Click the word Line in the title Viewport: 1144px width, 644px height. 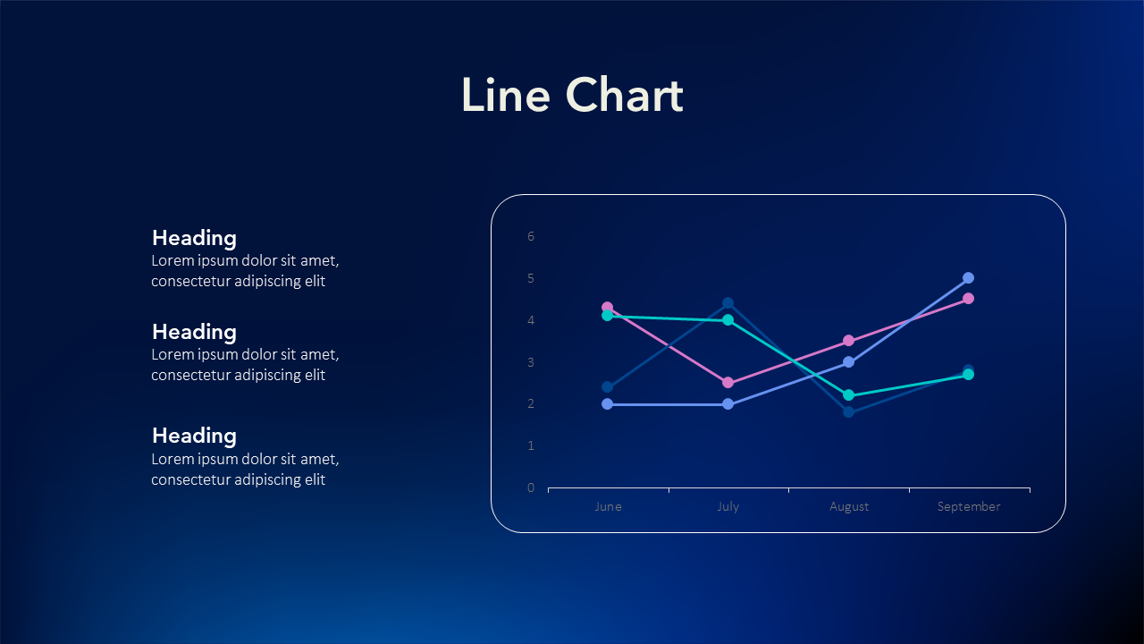506,95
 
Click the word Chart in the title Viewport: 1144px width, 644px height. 624,95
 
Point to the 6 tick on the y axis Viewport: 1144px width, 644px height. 531,236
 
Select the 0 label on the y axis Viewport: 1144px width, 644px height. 531,487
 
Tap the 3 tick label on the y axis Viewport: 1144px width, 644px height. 531,362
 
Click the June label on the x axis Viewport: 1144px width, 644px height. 608,506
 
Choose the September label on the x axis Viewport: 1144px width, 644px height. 969,507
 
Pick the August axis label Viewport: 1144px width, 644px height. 849,507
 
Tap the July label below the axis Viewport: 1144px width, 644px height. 728,507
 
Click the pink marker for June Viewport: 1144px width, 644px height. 607,307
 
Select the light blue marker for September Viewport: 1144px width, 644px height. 968,278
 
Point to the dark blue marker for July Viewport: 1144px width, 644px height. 728,303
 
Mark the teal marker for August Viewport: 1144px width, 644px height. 849,395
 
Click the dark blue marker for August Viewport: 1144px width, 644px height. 849,412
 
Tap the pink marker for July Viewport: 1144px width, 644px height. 728,383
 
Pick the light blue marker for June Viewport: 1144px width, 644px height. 607,404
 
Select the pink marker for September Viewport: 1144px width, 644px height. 968,299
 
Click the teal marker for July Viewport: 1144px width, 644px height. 728,320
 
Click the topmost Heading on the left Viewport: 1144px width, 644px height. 194,239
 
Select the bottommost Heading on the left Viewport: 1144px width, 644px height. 194,436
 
